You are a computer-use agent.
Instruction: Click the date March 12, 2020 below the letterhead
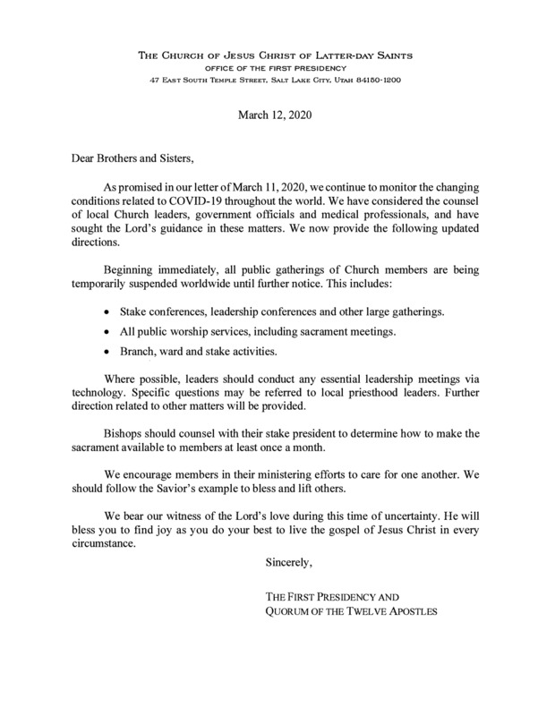pyautogui.click(x=277, y=116)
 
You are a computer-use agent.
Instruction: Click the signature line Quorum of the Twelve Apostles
pyautogui.click(x=351, y=612)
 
